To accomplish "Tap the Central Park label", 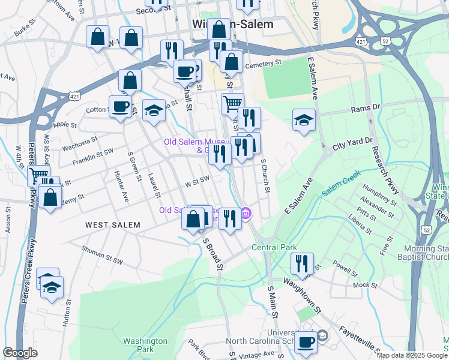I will coord(274,247).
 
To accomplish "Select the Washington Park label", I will coord(145,345).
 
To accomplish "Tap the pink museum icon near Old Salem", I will coord(246,213).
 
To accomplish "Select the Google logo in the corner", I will coord(20,353).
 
